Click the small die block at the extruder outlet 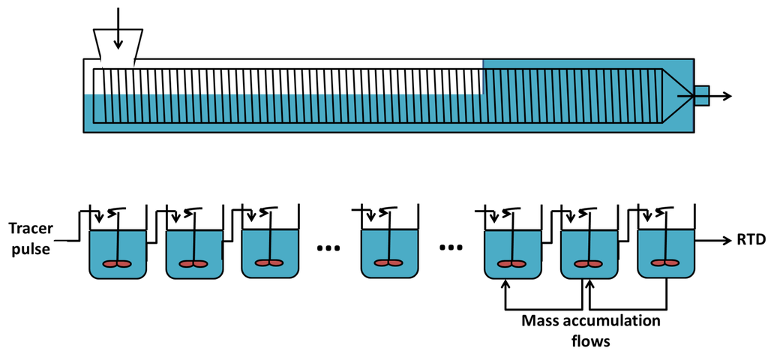coord(701,96)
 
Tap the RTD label coord(750,240)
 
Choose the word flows coord(591,341)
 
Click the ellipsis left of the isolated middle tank coord(328,247)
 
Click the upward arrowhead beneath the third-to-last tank coord(506,284)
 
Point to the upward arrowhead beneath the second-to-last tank coord(590,284)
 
